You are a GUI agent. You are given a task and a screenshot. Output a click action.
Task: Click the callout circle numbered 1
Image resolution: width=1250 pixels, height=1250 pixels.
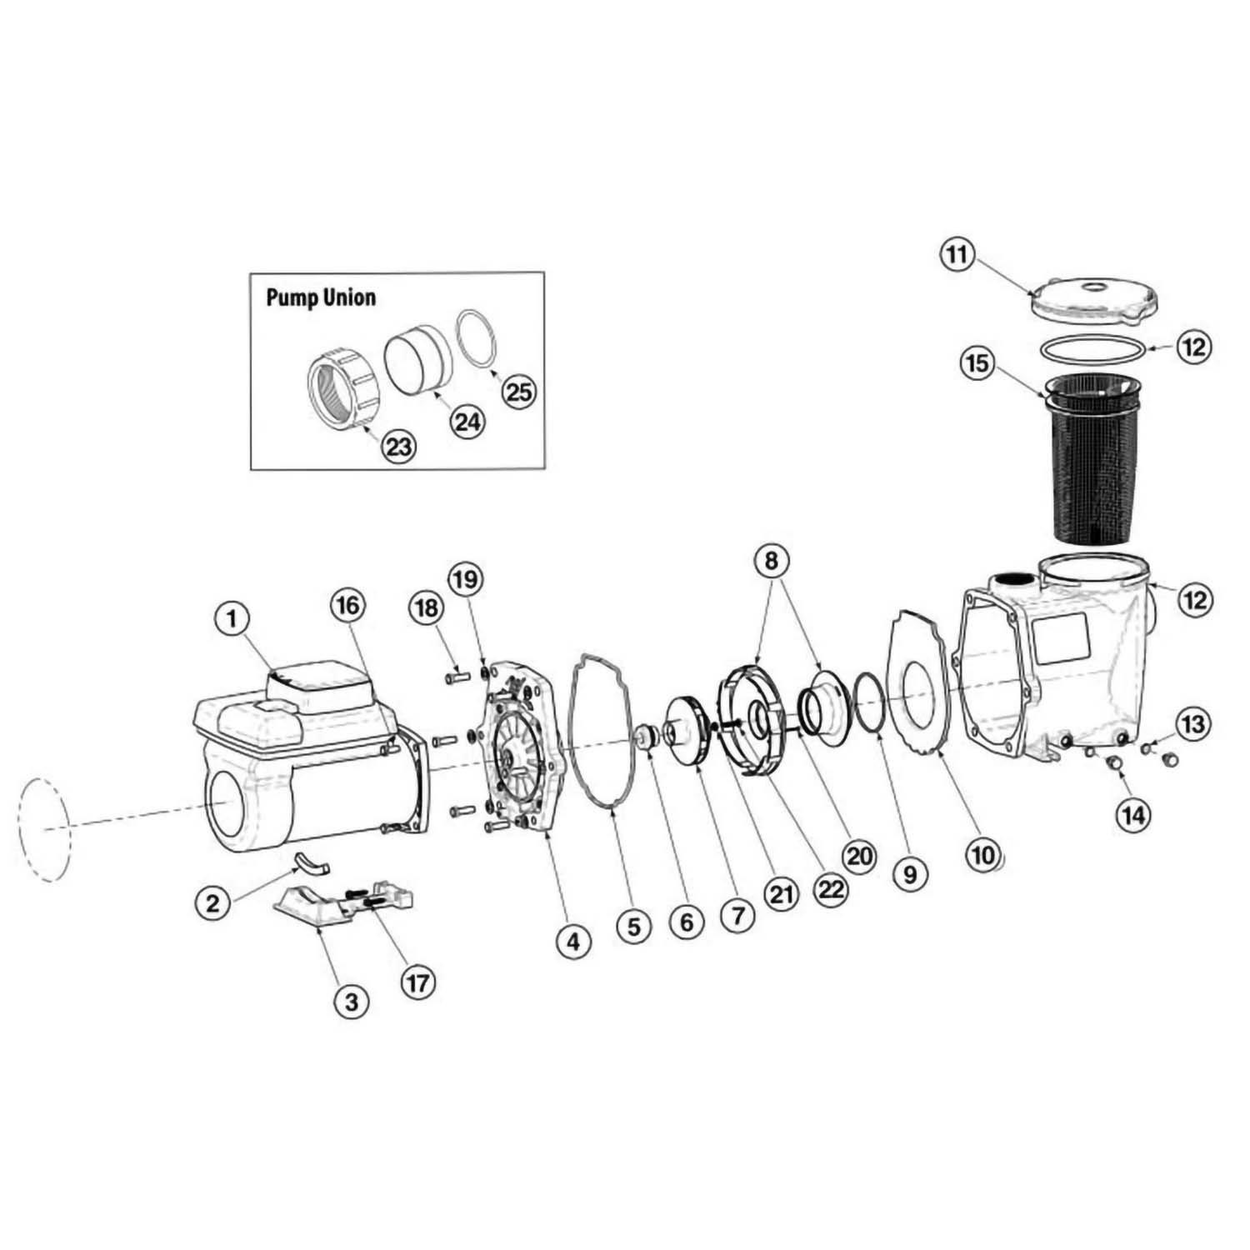[x=232, y=618]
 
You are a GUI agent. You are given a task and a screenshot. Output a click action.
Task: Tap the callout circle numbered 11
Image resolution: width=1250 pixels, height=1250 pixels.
[x=957, y=254]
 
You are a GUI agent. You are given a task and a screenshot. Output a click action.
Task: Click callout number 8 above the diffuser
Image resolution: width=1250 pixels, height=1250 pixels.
[x=771, y=561]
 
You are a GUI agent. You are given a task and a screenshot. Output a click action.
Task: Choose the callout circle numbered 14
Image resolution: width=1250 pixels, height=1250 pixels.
[x=1133, y=814]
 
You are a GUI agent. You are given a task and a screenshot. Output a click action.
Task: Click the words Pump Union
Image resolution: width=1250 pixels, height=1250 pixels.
[x=321, y=297]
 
